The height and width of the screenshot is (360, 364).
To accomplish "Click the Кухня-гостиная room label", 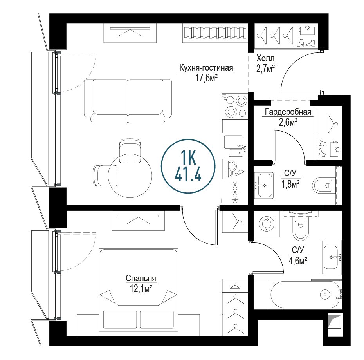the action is (206, 68).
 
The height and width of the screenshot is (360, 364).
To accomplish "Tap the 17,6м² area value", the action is (206, 78).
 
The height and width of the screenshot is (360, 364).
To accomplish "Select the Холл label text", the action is (265, 58).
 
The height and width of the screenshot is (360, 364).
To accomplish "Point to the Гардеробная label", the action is (288, 112).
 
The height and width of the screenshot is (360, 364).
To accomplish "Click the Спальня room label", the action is (141, 278).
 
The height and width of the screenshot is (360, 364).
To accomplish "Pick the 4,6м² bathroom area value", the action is (298, 261).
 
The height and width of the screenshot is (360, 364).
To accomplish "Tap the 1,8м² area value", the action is (290, 184).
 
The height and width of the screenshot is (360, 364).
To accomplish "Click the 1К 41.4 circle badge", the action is (188, 166).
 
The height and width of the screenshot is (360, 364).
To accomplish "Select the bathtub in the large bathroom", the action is (305, 295).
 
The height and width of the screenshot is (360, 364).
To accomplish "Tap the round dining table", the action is (130, 176).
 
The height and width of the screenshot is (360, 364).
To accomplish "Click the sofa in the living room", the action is (128, 101).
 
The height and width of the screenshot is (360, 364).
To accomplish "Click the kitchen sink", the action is (235, 146).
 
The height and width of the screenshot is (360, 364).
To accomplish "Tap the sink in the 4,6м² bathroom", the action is (332, 257).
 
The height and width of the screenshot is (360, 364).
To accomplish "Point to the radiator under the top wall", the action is (215, 33).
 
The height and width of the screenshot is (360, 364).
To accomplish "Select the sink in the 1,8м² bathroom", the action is (264, 185).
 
